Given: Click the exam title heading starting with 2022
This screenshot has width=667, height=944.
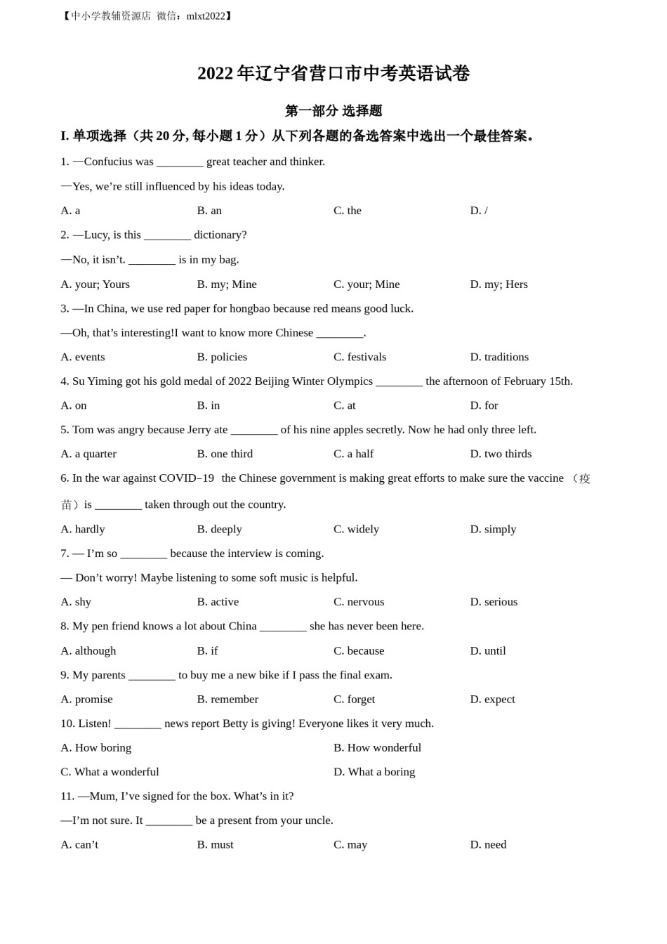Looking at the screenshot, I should [333, 74].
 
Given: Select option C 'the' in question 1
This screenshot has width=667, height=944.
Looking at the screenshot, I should [348, 211].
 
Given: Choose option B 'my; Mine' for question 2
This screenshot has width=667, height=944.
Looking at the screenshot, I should [227, 284].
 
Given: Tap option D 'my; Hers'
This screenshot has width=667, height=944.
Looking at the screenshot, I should [498, 284].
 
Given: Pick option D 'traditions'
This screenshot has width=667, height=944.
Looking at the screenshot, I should [499, 357].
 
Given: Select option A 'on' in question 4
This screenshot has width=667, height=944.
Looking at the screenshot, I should [74, 405].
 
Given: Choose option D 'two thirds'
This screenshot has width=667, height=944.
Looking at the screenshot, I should [501, 454].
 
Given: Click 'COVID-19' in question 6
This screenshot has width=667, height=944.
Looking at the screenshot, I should [187, 478].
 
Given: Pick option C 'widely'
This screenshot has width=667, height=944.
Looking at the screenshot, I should [356, 529].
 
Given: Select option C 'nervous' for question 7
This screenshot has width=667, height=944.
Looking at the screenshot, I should [359, 602].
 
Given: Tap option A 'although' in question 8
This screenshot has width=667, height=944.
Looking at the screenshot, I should [88, 651].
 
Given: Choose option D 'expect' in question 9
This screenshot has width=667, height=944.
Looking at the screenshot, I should [492, 700].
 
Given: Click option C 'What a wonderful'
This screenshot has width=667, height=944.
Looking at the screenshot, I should [110, 772].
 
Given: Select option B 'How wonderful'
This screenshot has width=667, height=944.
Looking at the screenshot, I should [377, 748].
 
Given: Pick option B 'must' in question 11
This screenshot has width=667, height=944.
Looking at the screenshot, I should [215, 845].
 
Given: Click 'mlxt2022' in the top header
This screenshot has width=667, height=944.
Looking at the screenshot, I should [209, 16].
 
